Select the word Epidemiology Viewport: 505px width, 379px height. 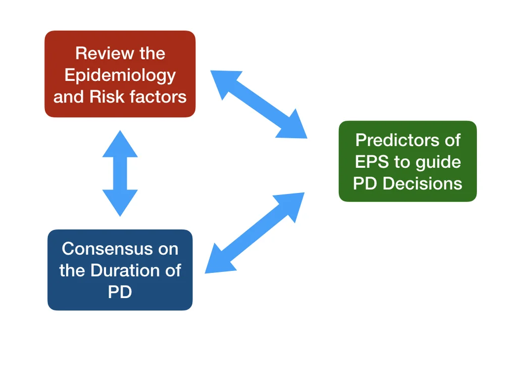coord(120,75)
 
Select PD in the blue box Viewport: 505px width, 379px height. coord(120,292)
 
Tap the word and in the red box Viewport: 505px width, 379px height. coord(69,97)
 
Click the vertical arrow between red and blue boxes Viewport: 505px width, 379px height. coord(120,173)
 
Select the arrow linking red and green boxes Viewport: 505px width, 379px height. coord(259,104)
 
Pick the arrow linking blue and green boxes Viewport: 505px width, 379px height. coord(255,233)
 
